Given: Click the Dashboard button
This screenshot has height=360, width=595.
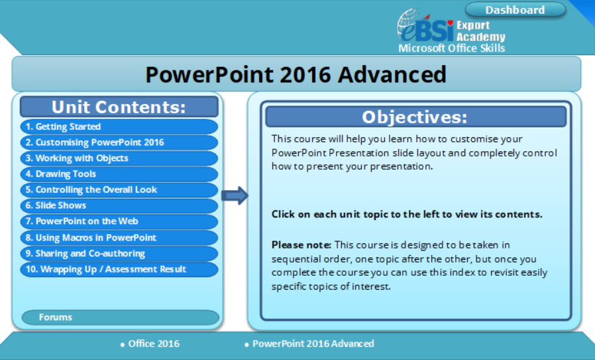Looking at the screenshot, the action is click(515, 10).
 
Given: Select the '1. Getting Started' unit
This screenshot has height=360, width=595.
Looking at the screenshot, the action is click(119, 127).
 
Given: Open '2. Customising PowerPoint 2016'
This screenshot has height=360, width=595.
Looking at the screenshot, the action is click(119, 143).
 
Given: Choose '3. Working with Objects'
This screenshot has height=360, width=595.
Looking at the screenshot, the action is click(119, 158).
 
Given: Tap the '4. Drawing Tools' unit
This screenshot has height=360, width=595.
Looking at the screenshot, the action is click(119, 174).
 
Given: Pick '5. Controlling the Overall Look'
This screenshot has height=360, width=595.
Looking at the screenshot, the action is click(119, 190).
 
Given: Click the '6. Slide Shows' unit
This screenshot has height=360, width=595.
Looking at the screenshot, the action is click(119, 206).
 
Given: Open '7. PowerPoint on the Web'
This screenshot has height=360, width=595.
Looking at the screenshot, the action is click(119, 221).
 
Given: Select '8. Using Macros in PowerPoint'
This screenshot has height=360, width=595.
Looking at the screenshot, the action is click(119, 238).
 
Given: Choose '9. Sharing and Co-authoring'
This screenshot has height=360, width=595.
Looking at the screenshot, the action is click(119, 254).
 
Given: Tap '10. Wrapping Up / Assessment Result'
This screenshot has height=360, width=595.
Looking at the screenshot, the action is click(119, 270).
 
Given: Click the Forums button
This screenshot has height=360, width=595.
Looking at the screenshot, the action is click(121, 318).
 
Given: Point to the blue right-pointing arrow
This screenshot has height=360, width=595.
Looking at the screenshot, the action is click(235, 196).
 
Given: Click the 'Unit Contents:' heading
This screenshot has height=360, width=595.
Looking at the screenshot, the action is click(119, 107).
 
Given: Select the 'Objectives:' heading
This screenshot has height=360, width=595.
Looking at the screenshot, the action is click(416, 117).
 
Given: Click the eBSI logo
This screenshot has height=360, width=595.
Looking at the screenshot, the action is click(425, 27).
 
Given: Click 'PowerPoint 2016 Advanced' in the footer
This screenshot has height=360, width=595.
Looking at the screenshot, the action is click(309, 343).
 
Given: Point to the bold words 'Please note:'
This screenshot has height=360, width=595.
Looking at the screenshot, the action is click(301, 245).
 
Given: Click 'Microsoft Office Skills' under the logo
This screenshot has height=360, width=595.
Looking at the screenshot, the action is click(452, 48).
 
